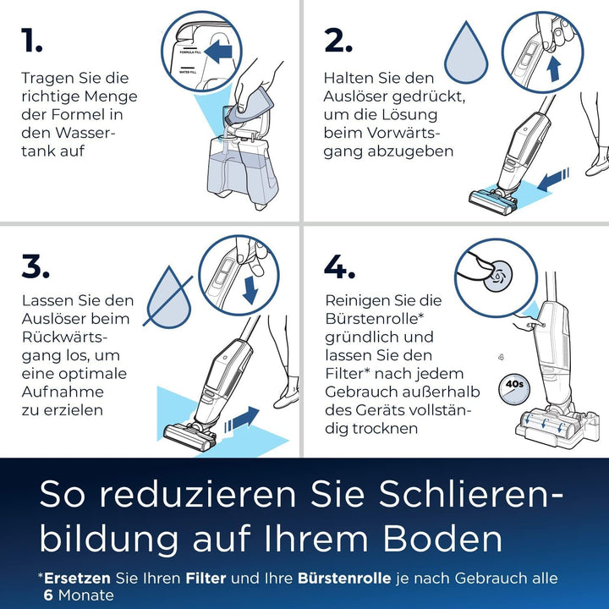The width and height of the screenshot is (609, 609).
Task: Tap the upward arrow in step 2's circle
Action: point(554,68)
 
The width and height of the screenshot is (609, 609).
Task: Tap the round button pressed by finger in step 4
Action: point(498,275)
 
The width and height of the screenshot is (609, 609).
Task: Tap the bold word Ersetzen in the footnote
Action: point(78,579)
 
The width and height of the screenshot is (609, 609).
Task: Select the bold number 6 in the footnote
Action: point(49,595)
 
